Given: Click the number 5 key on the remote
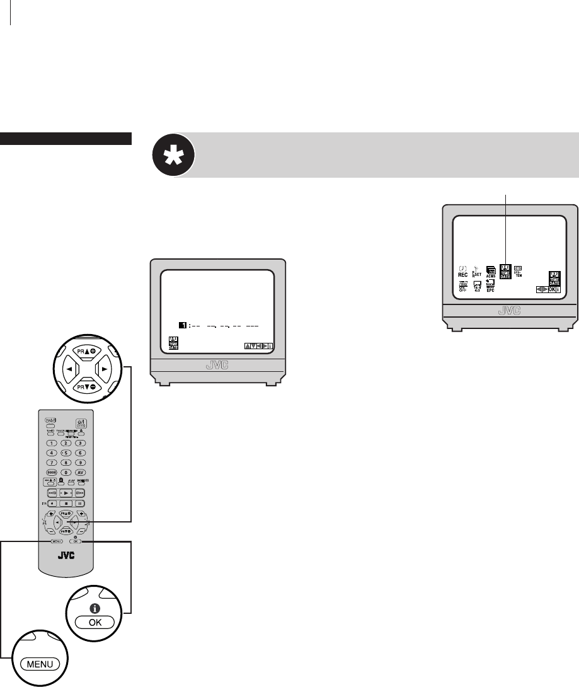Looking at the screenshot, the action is pyautogui.click(x=65, y=453).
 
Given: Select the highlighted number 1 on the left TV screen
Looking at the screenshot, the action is pyautogui.click(x=180, y=326).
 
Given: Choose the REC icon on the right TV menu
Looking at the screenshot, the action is pyautogui.click(x=462, y=272).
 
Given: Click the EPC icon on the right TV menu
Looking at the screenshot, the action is pyautogui.click(x=490, y=288).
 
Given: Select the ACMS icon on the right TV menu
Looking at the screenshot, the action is pyautogui.click(x=490, y=272).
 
